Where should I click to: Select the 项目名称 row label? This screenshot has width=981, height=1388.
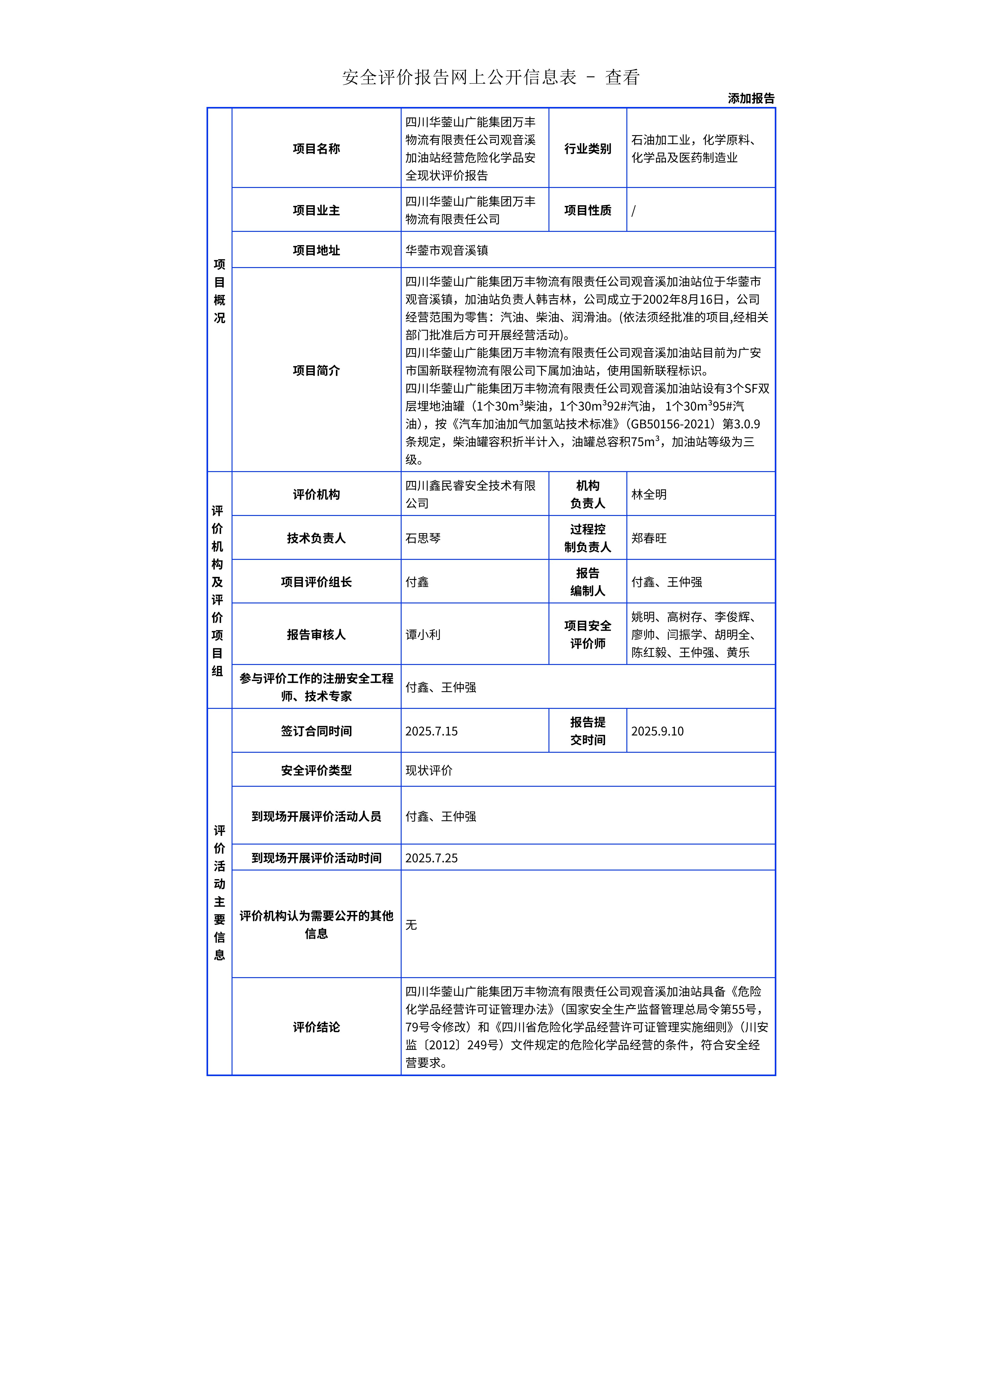[316, 149]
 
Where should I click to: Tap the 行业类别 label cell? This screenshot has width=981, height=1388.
[587, 149]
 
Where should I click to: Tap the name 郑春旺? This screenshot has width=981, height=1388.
[649, 538]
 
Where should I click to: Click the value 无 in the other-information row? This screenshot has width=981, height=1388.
[411, 925]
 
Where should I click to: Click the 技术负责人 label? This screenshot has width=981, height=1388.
[316, 538]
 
